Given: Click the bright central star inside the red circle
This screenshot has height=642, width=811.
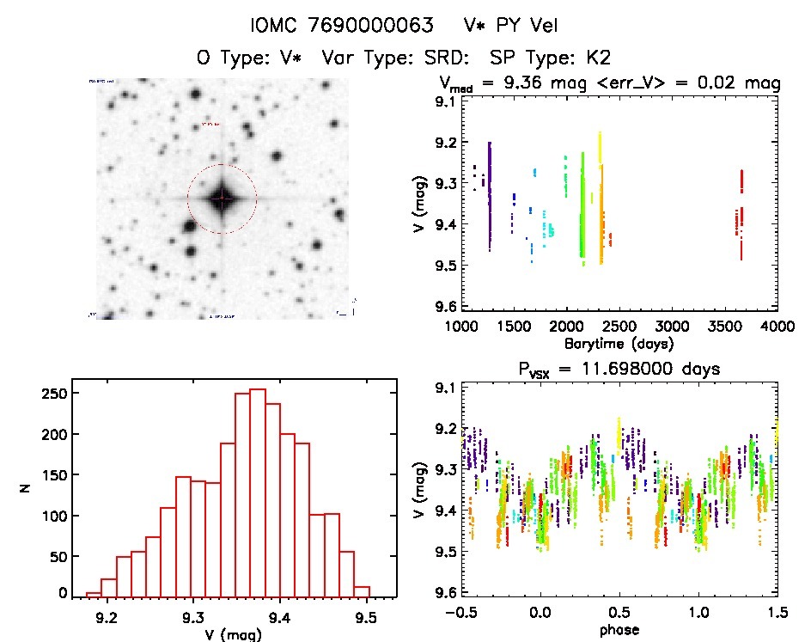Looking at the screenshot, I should pyautogui.click(x=222, y=199).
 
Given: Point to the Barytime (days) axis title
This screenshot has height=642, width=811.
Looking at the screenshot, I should pyautogui.click(x=619, y=343).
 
